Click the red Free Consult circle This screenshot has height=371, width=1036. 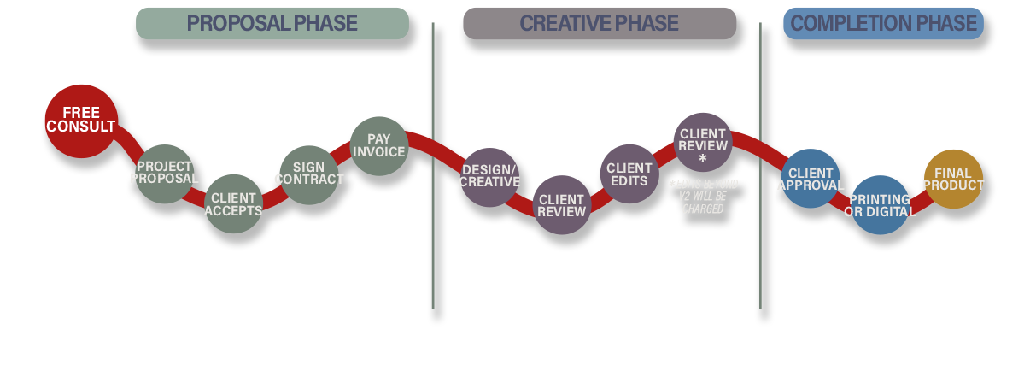[80, 121]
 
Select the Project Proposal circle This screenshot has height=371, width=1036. [164, 174]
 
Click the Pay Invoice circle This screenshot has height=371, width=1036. [378, 146]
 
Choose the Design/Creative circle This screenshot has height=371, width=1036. [489, 177]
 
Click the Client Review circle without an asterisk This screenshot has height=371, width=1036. [561, 205]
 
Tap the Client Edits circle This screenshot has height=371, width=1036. [629, 174]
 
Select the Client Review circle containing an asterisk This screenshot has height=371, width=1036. [703, 142]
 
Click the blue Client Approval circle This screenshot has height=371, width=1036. [810, 179]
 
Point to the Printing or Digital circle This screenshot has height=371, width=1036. [880, 205]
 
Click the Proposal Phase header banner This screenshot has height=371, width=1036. [272, 23]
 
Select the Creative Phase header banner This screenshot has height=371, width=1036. [599, 23]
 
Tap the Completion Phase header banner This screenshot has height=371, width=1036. [883, 23]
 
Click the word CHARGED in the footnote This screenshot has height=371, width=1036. [702, 209]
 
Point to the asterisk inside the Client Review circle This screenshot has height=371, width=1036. [703, 159]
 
